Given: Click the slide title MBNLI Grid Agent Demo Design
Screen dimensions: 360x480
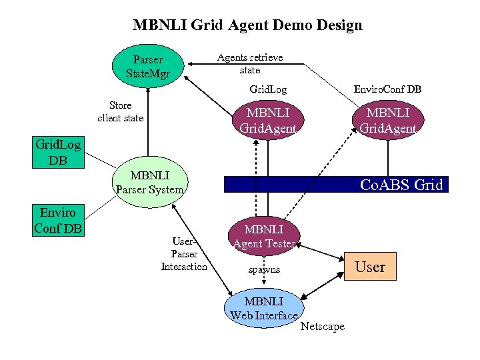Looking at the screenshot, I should [x=247, y=26].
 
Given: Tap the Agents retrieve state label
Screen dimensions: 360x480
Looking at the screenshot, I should [x=250, y=63].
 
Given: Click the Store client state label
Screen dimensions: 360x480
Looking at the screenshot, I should [x=120, y=111].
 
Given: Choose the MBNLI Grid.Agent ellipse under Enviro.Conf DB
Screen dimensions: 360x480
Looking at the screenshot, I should [x=388, y=120].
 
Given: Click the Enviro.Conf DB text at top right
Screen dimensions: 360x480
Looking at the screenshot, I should [x=387, y=89].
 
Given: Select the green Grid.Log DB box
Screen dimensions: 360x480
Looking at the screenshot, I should [x=57, y=152].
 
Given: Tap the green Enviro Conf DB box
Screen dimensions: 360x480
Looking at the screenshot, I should [x=57, y=221].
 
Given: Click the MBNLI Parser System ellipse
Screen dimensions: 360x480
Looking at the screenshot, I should [x=149, y=183].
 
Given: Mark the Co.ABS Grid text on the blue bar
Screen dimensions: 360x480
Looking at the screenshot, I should [x=401, y=185].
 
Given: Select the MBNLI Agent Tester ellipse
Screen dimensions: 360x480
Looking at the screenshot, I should [x=264, y=237].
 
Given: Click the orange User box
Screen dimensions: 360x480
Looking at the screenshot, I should [x=369, y=267].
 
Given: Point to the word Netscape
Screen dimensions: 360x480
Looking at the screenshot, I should [x=323, y=326].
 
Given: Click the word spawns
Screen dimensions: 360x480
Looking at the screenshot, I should [x=264, y=270].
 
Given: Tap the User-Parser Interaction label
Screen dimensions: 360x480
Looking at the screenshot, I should [x=184, y=254].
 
